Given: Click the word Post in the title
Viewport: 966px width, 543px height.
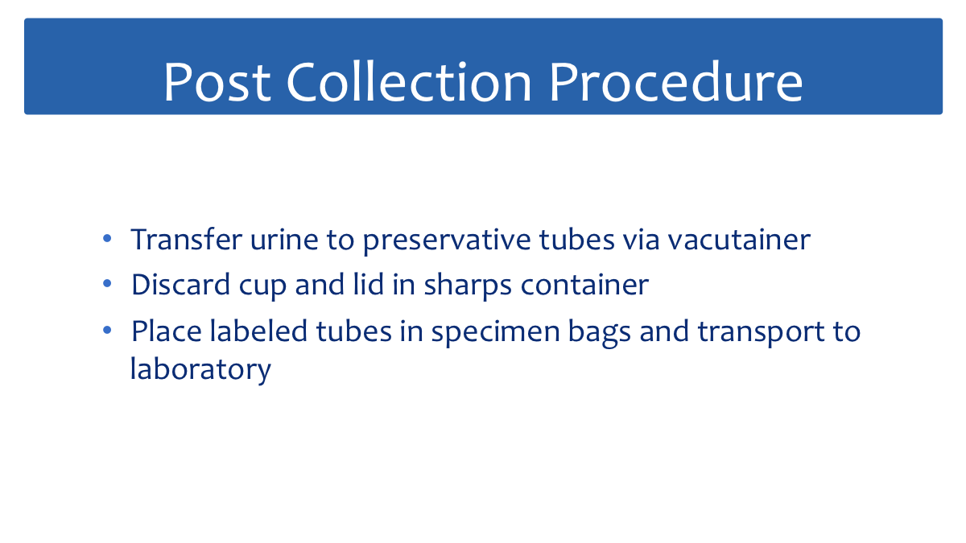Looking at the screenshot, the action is (217, 82).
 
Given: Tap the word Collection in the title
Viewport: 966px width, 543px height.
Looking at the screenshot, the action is (409, 82).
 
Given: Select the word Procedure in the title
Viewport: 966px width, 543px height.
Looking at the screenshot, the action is (676, 82).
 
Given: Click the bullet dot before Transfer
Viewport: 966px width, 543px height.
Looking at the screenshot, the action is (107, 238).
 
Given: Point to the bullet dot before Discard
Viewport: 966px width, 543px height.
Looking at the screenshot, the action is (107, 283).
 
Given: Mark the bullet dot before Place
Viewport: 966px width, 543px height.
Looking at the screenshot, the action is (107, 330).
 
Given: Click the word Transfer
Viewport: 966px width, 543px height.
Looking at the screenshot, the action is (186, 239).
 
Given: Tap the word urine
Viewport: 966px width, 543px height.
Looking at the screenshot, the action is (284, 240).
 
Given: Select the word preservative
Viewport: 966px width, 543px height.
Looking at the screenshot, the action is (447, 241).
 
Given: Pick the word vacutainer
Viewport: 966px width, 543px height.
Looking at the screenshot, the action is (739, 240).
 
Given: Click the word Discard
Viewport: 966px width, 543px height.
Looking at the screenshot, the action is (180, 285).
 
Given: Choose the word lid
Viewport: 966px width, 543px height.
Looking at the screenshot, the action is (369, 285).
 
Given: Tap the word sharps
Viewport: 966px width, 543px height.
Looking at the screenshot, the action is (468, 286).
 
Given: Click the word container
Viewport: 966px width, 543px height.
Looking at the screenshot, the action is (584, 286).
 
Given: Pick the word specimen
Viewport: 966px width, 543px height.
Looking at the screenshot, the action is (495, 334).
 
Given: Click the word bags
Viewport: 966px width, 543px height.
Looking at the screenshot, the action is (600, 334).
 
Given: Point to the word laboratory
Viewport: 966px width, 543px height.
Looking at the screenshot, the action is (200, 370).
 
